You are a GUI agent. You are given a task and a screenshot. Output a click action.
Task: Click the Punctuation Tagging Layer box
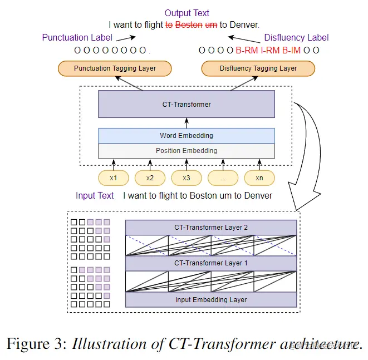(x=114, y=68)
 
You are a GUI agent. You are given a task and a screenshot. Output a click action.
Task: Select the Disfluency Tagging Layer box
(x=258, y=68)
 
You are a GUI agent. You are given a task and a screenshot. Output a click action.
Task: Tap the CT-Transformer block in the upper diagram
(x=186, y=104)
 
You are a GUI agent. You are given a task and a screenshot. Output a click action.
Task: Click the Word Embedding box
(x=186, y=135)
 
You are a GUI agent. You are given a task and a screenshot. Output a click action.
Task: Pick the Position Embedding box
(x=186, y=150)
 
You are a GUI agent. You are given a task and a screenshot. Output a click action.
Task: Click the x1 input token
(x=113, y=178)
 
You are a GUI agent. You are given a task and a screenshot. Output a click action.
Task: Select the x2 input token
(x=150, y=178)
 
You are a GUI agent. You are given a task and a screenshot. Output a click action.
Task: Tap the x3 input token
(x=186, y=178)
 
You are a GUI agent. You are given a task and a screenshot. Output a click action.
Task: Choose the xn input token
(x=259, y=178)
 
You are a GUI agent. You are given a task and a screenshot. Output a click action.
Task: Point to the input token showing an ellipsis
(x=223, y=178)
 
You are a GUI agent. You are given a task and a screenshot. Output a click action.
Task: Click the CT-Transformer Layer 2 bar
(x=210, y=228)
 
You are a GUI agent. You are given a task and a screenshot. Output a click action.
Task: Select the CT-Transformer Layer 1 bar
(x=210, y=263)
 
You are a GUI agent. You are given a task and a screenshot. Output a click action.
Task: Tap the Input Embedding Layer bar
(x=210, y=299)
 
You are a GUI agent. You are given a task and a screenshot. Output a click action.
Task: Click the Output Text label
(x=187, y=13)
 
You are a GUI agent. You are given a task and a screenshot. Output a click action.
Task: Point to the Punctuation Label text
(x=77, y=38)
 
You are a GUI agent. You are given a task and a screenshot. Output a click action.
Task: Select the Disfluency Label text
(x=296, y=38)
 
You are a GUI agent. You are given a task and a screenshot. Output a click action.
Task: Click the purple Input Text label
(x=95, y=196)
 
